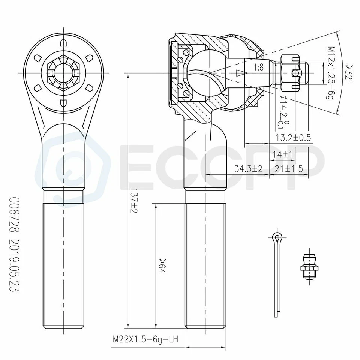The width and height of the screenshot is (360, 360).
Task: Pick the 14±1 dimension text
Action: pyautogui.click(x=283, y=154)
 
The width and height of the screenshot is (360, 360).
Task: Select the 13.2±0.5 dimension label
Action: pyautogui.click(x=293, y=138)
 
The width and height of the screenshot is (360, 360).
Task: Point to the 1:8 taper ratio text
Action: pyautogui.click(x=258, y=67)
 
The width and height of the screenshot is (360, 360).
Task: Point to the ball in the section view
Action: pyautogui.click(x=204, y=73)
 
